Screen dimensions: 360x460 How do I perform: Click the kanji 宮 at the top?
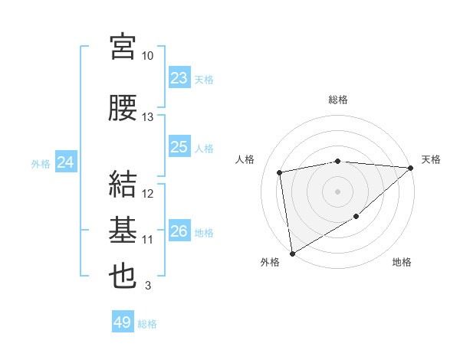pos(123,47)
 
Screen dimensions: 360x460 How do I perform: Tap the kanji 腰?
pos(123,108)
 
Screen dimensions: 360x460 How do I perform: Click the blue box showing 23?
pos(179,78)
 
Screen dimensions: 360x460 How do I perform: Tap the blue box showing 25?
pos(179,147)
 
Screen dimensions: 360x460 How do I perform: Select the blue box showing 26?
pos(179,231)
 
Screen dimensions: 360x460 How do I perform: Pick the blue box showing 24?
pos(66,162)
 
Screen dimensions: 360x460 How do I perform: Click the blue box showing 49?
pos(122,322)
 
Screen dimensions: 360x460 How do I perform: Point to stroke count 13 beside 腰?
pos(148,117)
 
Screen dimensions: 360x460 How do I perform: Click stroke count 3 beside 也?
pos(148,286)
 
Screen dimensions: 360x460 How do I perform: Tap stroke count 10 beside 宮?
pos(148,56)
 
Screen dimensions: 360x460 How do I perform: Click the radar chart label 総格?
pos(337,100)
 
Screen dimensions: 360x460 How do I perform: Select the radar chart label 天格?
pos(431,159)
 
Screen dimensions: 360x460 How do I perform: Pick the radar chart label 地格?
pos(402,262)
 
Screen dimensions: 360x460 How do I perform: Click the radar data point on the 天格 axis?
pos(410,168)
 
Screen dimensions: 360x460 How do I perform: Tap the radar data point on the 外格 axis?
pos(291,253)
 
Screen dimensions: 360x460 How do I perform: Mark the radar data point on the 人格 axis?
pos(280,172)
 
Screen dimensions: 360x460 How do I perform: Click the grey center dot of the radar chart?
pos(337,191)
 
